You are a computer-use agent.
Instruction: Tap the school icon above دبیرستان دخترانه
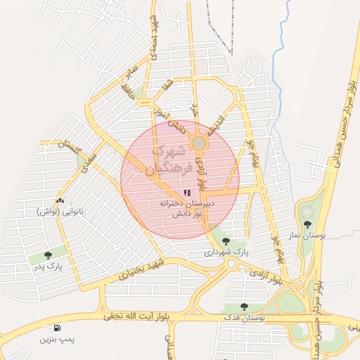click(x=186, y=192)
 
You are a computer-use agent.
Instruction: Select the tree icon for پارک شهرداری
click(x=225, y=240)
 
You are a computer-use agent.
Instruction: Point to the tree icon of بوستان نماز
click(x=307, y=224)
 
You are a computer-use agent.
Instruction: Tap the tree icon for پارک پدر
click(x=48, y=255)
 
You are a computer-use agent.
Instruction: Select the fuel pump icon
click(x=56, y=328)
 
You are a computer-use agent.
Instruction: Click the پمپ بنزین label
click(x=56, y=340)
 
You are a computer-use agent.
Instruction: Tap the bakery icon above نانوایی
click(x=59, y=201)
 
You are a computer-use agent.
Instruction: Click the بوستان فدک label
click(x=246, y=319)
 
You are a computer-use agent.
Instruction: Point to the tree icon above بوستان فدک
click(x=244, y=307)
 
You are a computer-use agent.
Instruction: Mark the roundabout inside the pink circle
click(x=200, y=143)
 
